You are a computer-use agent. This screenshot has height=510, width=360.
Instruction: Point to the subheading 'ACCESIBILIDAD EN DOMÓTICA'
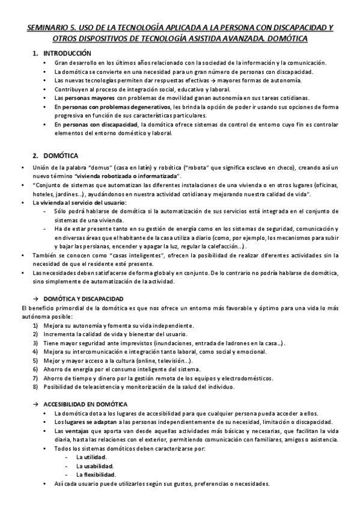[90, 404]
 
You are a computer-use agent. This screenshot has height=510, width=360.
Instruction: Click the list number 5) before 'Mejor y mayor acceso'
[35, 360]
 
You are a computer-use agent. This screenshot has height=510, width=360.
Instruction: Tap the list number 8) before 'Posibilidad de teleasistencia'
[35, 387]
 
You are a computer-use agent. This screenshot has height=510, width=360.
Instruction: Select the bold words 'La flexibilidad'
[95, 475]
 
